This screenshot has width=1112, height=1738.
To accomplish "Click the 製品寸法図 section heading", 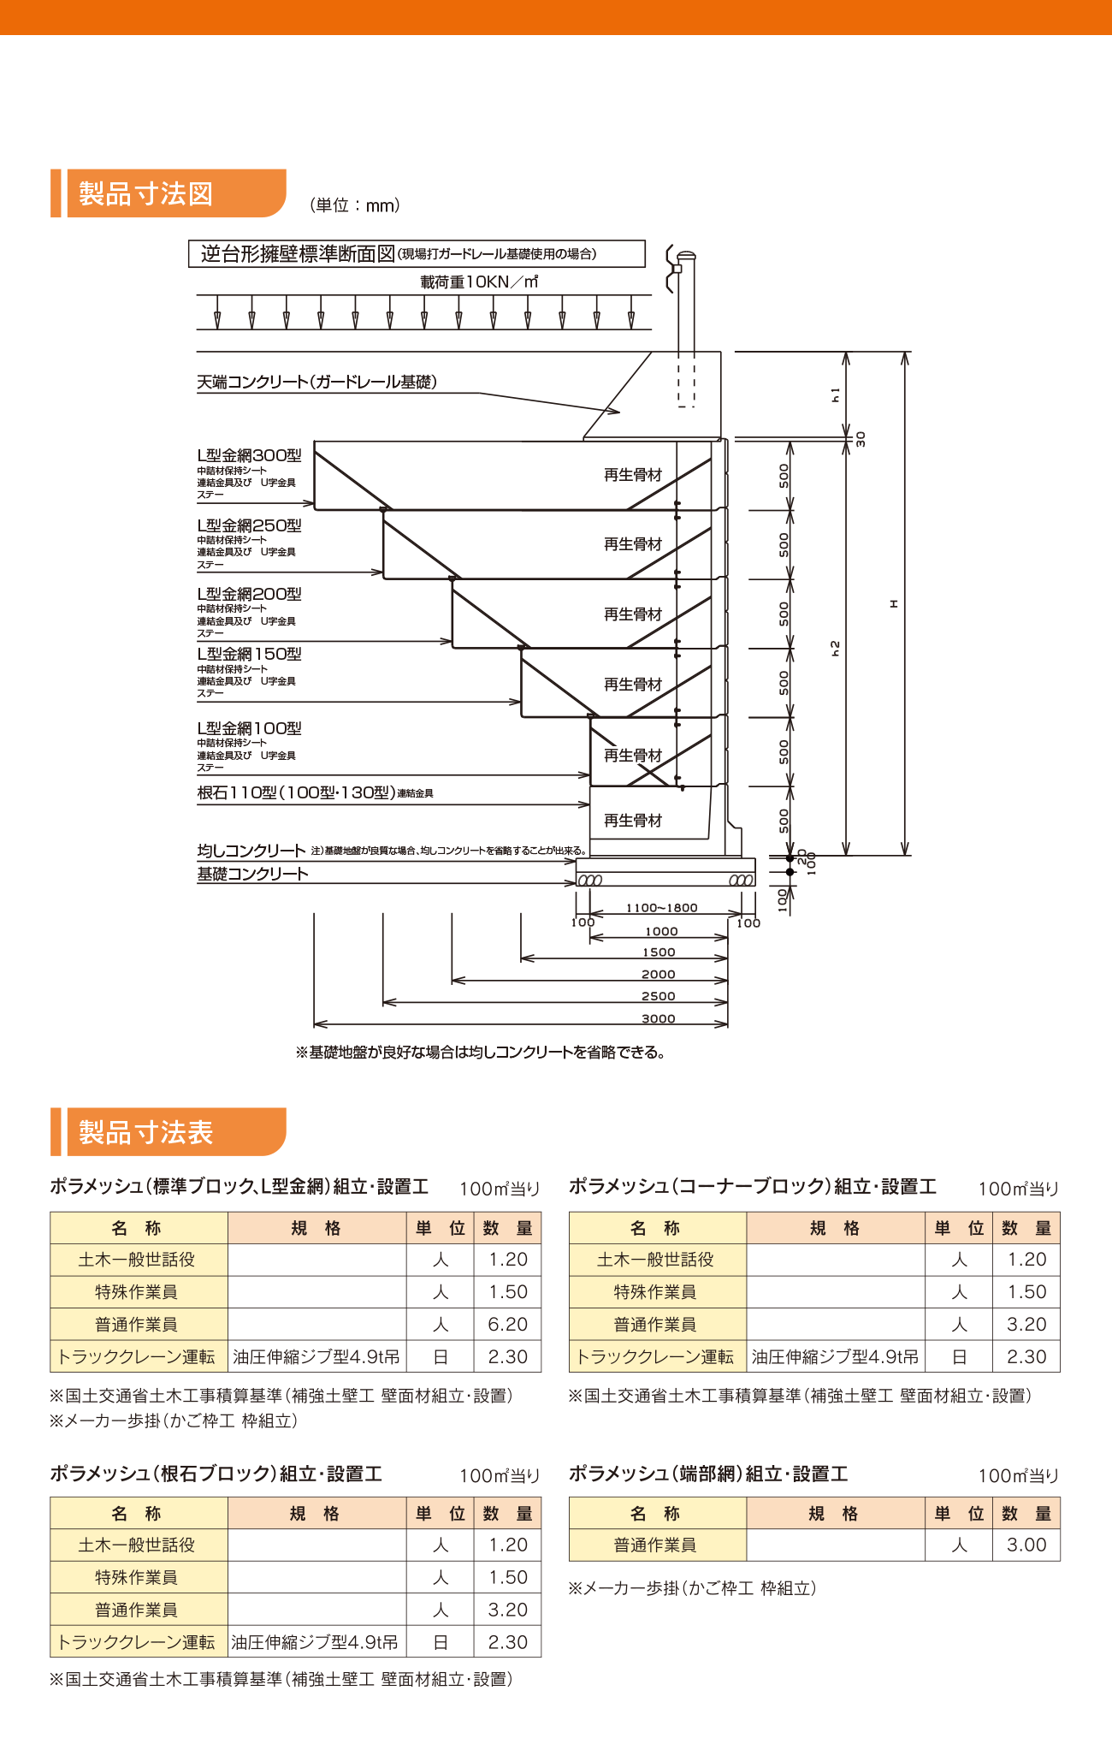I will [146, 193].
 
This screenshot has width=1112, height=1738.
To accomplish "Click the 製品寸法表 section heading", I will [146, 1132].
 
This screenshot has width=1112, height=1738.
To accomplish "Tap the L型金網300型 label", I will [249, 455].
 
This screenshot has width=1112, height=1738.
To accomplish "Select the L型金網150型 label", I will [249, 654].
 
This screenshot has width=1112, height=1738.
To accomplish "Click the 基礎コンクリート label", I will [252, 874].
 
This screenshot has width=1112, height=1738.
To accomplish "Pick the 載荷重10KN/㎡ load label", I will [479, 282].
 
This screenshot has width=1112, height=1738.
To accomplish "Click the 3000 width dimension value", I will [659, 1018].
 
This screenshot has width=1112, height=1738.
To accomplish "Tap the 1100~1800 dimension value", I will [661, 908].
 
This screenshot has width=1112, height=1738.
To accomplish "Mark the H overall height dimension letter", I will [894, 603].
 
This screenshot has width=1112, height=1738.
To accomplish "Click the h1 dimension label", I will [836, 394].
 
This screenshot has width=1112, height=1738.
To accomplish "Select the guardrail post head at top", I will [685, 256].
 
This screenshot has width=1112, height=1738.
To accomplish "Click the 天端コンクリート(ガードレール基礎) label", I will [316, 382].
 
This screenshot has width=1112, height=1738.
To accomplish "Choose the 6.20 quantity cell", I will [507, 1325].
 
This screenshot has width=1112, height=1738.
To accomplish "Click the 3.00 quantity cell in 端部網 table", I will [1026, 1545].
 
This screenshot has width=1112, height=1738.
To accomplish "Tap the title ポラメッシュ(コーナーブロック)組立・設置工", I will [753, 1186].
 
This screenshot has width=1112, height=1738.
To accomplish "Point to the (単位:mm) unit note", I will [354, 205].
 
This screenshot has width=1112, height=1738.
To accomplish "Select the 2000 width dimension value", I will [659, 974].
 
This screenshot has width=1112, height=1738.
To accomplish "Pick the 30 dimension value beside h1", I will [861, 439].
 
